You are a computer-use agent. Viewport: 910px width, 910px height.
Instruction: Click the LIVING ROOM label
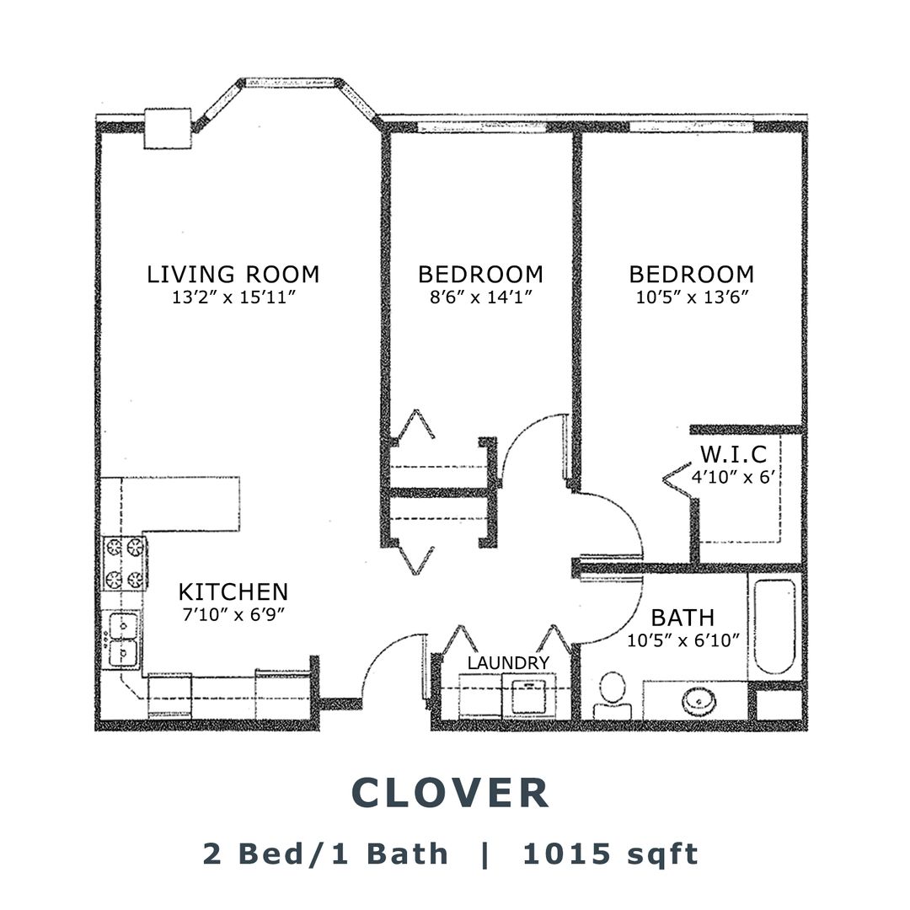[x=233, y=274]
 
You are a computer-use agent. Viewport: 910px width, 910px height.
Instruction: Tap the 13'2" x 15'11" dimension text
[x=234, y=297]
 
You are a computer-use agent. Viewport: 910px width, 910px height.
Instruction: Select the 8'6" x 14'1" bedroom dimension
[x=480, y=297]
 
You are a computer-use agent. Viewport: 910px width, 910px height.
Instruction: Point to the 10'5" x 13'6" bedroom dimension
[x=692, y=297]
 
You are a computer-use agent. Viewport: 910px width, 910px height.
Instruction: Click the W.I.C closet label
[x=734, y=453]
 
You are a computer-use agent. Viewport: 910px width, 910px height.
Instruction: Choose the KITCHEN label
[x=233, y=592]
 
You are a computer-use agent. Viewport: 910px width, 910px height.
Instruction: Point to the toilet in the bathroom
[x=613, y=697]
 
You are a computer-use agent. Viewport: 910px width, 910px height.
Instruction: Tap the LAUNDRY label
[x=508, y=663]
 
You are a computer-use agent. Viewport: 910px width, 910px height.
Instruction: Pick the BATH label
[x=682, y=618]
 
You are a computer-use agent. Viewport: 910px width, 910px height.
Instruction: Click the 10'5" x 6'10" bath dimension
[x=683, y=640]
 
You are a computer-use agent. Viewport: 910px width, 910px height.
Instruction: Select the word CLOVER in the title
[x=450, y=793]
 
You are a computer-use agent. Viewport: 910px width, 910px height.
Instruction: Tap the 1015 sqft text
[x=611, y=854]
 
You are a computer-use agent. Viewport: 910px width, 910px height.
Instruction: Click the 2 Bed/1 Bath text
[x=325, y=854]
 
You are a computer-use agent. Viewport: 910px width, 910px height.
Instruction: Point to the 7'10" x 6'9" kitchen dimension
[x=233, y=614]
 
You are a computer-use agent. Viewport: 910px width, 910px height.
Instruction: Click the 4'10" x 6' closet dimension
[x=734, y=477]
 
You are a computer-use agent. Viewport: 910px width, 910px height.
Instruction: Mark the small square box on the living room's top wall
[x=168, y=128]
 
